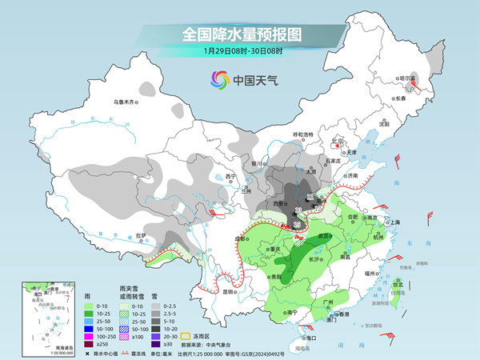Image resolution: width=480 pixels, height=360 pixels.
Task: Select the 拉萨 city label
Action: tap(142, 234)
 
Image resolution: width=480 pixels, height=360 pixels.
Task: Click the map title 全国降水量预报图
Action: tap(239, 34)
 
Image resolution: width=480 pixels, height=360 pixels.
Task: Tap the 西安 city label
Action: tap(280, 205)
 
